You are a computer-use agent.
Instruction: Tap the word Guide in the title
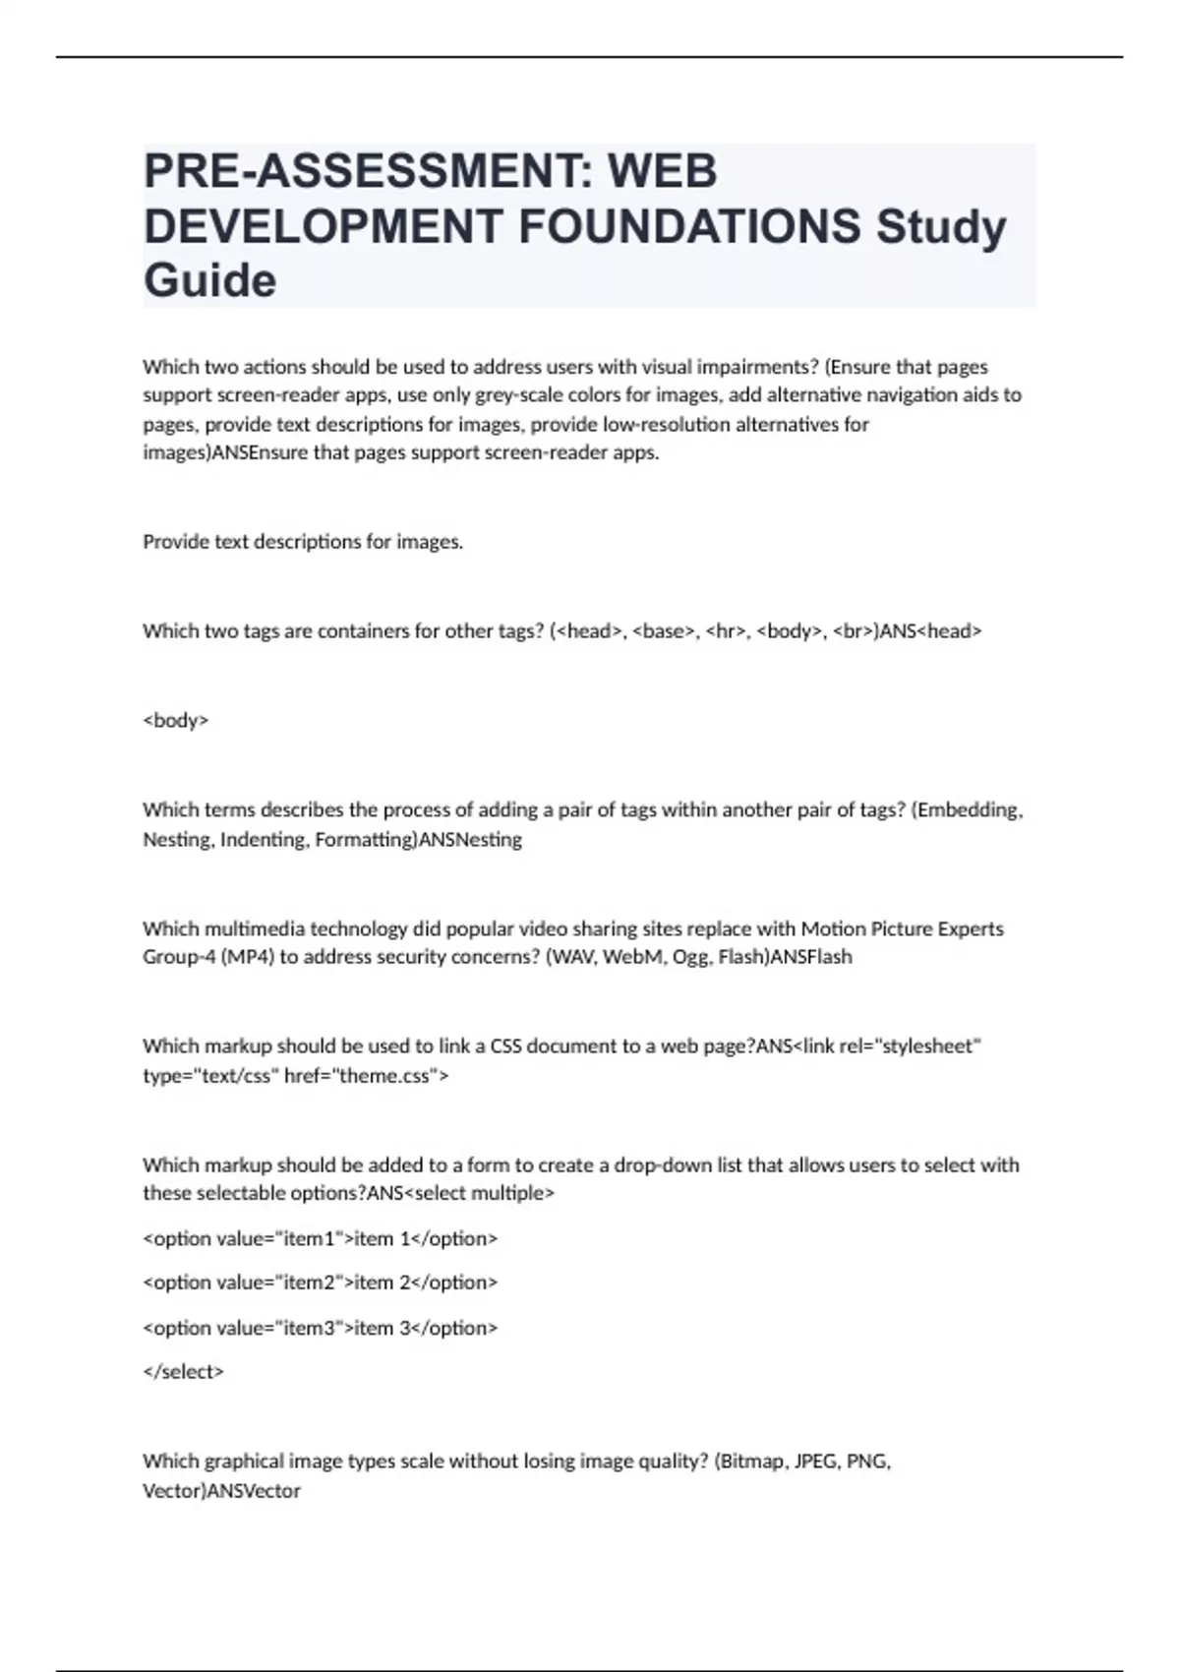[x=209, y=280]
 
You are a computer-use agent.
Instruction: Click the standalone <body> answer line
[x=176, y=720]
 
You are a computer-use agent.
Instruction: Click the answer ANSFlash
[x=811, y=957]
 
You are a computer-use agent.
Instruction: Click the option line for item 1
[x=321, y=1238]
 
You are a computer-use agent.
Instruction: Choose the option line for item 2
[x=321, y=1283]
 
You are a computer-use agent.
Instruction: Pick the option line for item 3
[x=321, y=1328]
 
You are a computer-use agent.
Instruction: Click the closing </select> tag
[x=184, y=1371]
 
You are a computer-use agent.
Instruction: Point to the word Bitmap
[x=752, y=1462]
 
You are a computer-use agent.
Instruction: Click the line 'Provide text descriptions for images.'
[x=303, y=542]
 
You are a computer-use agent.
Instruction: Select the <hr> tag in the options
[x=727, y=631]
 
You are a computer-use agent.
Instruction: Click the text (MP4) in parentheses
[x=247, y=957]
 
